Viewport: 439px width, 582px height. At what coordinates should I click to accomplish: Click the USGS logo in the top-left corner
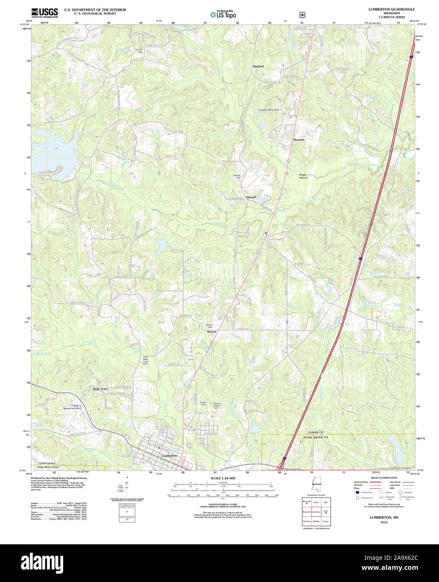(44, 13)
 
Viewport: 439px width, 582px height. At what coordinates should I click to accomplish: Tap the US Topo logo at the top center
(223, 15)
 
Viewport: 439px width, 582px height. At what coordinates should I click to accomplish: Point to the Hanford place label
(258, 67)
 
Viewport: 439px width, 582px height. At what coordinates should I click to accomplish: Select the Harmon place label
(298, 139)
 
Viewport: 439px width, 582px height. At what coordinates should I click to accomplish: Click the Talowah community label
(251, 197)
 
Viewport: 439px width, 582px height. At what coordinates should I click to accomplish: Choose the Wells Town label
(100, 389)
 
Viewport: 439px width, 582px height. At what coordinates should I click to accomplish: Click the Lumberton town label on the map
(169, 455)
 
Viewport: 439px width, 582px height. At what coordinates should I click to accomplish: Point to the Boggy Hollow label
(303, 176)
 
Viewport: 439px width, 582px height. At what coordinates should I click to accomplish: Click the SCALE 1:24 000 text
(223, 478)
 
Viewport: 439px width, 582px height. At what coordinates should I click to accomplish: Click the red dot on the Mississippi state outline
(318, 486)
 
